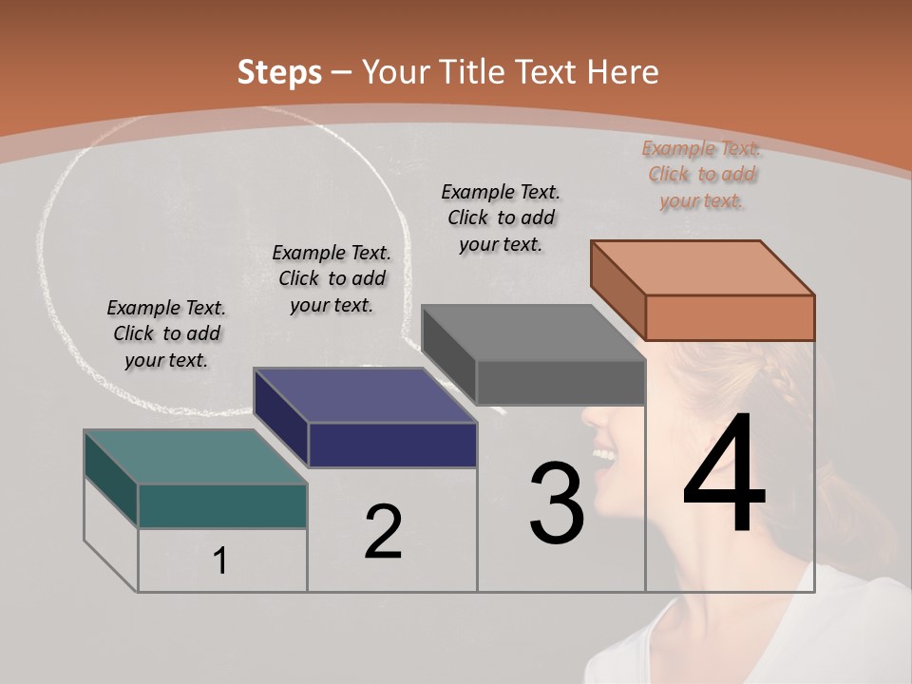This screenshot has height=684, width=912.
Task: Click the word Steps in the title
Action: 278,72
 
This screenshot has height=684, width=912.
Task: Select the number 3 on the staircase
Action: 557,503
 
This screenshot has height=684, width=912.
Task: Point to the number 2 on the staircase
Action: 383,532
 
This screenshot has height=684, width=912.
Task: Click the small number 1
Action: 220,561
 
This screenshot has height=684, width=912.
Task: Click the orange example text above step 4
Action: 701,175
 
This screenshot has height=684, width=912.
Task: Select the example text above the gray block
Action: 501,218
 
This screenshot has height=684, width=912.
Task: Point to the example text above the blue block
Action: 332,278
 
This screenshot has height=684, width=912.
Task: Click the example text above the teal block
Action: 166,333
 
